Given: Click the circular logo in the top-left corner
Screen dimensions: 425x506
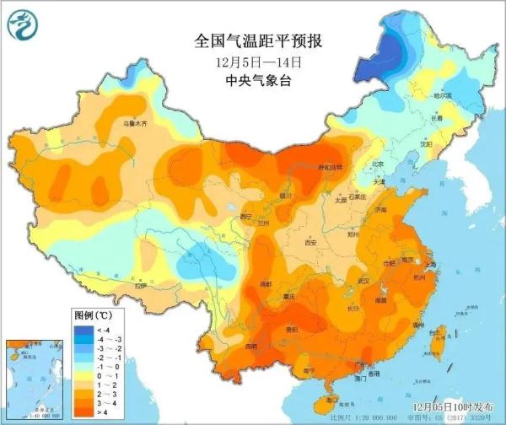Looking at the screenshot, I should pos(23,27).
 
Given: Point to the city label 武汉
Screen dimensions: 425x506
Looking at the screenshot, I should pos(363,280).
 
